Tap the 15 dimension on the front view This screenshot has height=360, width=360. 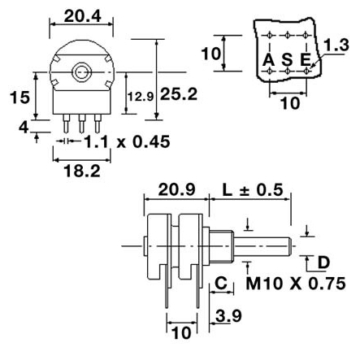pos(25,97)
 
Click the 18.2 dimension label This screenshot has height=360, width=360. pos(80,171)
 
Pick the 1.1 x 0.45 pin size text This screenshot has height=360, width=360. pos(127,142)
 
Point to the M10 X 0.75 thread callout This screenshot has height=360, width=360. pos(295,284)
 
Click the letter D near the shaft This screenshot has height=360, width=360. pos(323,262)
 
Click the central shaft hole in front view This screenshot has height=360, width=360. pos(80,72)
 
